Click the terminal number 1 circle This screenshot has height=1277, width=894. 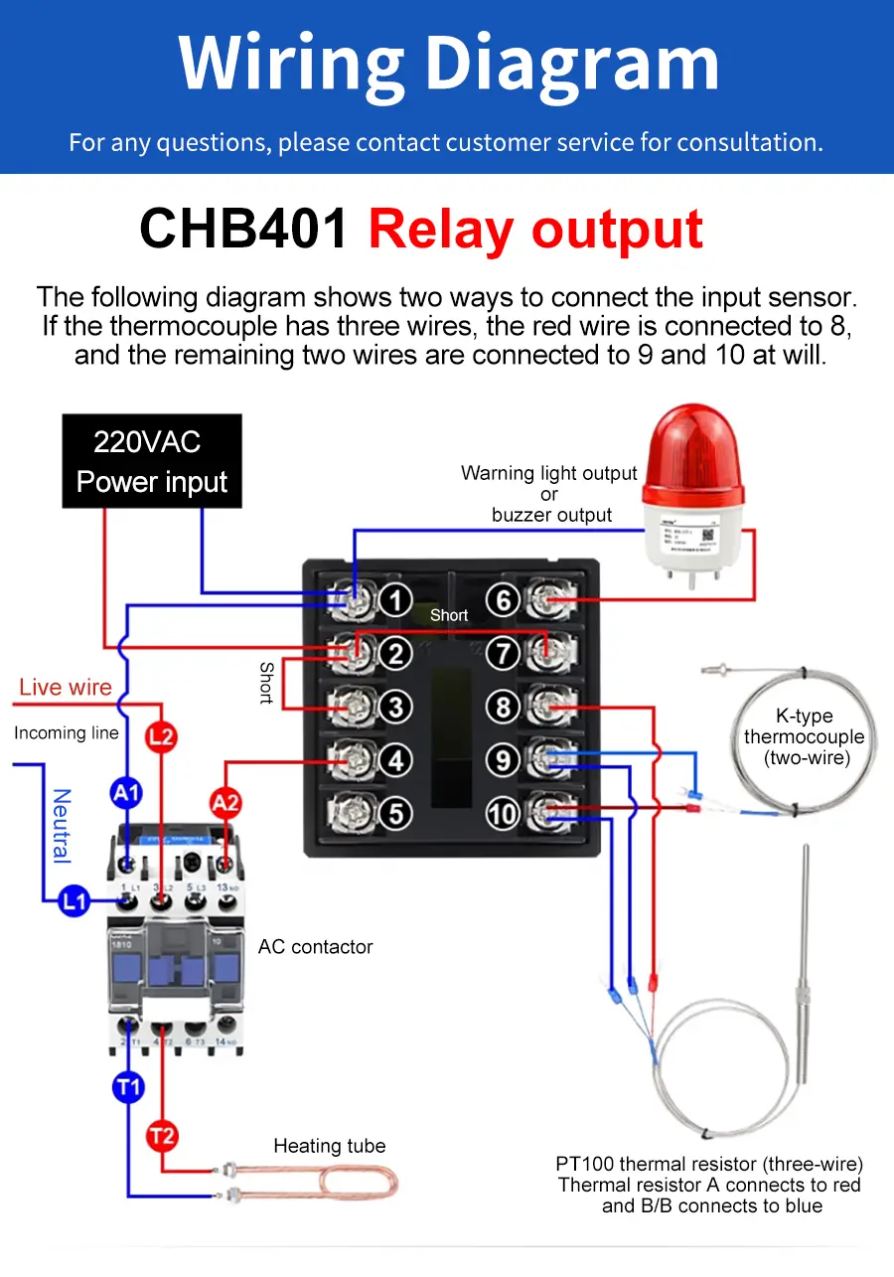tap(395, 600)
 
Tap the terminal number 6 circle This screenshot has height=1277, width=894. tap(504, 600)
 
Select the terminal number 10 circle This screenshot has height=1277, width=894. tap(504, 814)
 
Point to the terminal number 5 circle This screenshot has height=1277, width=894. tap(395, 814)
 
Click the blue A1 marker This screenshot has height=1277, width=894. tap(126, 793)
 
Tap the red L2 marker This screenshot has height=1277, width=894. tap(161, 736)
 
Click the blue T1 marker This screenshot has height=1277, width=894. tap(128, 1087)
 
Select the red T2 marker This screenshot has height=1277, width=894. tap(162, 1135)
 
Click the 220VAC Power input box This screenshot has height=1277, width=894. tap(152, 461)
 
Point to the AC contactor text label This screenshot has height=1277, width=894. tap(315, 947)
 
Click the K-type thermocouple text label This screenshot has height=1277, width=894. tap(804, 736)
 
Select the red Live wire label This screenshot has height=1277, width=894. tap(66, 688)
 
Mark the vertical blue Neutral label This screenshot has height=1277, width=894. tap(62, 825)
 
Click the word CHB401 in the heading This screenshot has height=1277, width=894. tap(244, 230)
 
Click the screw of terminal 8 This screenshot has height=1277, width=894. tap(542, 708)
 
